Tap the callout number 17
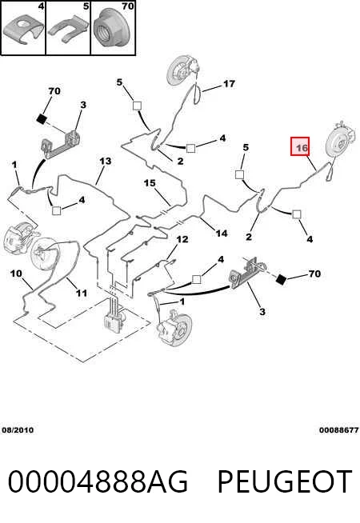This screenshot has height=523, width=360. coord(229,83)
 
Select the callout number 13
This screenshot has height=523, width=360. coord(105,162)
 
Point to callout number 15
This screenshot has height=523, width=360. coord(150,183)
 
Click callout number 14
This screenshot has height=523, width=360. coord(222,234)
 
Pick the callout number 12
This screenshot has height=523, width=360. coord(182,239)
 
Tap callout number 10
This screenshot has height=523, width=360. coord(16,273)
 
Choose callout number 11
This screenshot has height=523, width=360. coord(81,293)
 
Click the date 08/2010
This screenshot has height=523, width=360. coord(18,430)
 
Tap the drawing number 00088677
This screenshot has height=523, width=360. coord(339,430)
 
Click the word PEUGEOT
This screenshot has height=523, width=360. coord(285,481)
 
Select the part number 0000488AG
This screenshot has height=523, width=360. coord(98,481)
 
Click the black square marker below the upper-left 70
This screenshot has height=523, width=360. coord(41,119)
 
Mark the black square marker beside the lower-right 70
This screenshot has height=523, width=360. coord(281,280)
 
